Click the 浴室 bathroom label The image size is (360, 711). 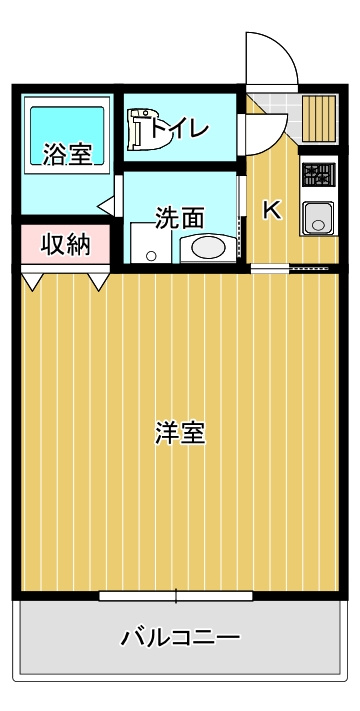pos(67,155)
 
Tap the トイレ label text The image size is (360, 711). pos(181,128)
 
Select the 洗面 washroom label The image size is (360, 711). pos(180,215)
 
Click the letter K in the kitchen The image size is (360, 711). pos(270,210)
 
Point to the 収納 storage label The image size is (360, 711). pos(65,245)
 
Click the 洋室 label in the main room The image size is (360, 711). pos(180,433)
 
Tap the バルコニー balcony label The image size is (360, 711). pos(180,636)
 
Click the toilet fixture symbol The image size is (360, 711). pos(146,130)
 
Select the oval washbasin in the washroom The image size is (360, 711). pos(207,247)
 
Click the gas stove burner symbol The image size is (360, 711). pos(318,176)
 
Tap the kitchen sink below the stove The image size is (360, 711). pos(318,217)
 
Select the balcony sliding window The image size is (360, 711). pos(176,597)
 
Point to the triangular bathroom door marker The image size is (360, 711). pos(104,208)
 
